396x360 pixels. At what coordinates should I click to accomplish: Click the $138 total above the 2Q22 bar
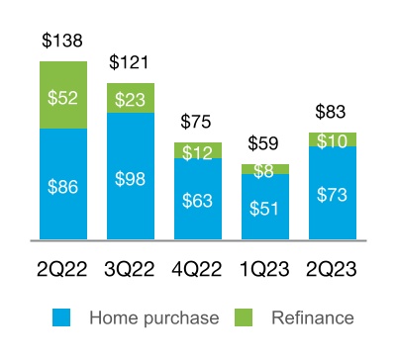tap(63, 42)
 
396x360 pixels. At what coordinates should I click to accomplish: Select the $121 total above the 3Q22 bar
tap(131, 63)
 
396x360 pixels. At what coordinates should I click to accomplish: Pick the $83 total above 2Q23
tap(333, 112)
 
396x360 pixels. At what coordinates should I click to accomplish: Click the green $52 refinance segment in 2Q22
tap(63, 95)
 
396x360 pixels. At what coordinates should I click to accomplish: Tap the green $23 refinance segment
tap(131, 99)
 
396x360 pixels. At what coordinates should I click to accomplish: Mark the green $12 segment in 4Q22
tap(198, 150)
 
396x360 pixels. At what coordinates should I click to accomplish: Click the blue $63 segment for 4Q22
tap(198, 200)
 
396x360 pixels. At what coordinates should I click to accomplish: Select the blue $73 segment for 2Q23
tap(333, 193)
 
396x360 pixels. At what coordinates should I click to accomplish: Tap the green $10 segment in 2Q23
tap(333, 139)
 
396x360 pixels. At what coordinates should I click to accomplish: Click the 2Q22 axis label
tap(63, 268)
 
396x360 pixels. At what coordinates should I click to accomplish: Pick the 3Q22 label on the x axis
tap(131, 268)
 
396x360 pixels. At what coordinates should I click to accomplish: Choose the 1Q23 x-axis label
tap(265, 268)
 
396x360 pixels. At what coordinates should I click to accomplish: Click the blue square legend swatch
tap(61, 318)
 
